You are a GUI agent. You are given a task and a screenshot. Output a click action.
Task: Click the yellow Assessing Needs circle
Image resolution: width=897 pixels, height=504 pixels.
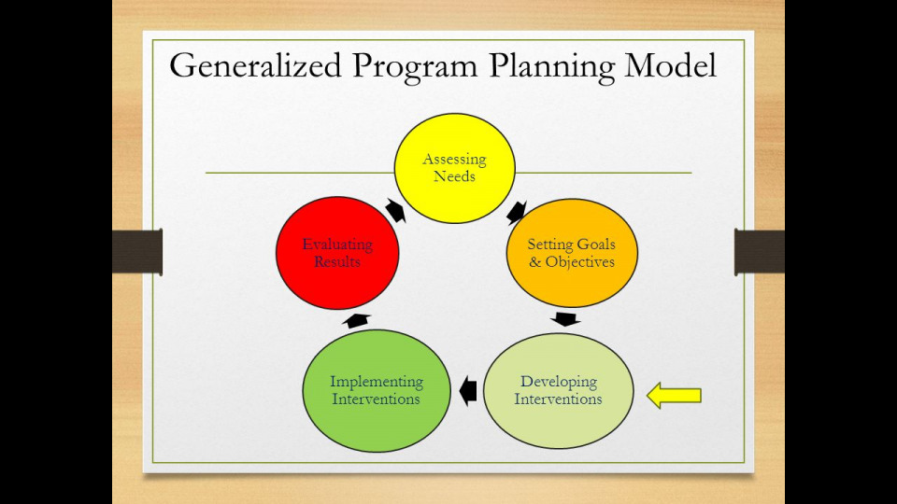coord(454,168)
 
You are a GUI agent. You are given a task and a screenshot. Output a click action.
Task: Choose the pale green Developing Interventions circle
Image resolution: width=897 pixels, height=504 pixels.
coord(558,390)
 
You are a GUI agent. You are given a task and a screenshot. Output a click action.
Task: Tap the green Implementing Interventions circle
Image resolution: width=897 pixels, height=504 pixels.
coord(376,390)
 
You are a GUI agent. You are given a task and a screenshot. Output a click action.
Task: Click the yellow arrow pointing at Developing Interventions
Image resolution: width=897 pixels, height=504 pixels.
coord(675,396)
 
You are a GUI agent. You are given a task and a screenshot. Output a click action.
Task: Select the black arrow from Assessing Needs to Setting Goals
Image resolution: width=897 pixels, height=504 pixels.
coord(515,212)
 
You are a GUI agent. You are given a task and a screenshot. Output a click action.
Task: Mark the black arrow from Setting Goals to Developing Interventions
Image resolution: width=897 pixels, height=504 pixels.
coord(565,319)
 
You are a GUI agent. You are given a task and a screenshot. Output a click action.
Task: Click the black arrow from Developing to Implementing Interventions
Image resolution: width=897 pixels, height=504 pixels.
coord(467,390)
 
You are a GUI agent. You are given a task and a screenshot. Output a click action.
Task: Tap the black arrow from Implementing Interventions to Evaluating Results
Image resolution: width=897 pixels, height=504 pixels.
coord(356,320)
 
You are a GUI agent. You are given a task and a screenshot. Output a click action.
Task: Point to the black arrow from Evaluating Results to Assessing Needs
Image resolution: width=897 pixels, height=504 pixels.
coord(395,211)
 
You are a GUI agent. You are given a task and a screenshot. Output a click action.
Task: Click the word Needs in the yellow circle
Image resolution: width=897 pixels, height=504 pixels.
coord(454,176)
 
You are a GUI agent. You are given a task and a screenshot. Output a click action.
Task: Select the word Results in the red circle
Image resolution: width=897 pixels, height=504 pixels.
coord(337,262)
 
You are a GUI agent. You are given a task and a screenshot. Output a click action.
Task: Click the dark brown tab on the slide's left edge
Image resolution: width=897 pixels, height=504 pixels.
coord(137,252)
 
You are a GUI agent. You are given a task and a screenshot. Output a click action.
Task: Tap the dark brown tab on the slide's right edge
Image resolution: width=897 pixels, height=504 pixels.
coord(759,252)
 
